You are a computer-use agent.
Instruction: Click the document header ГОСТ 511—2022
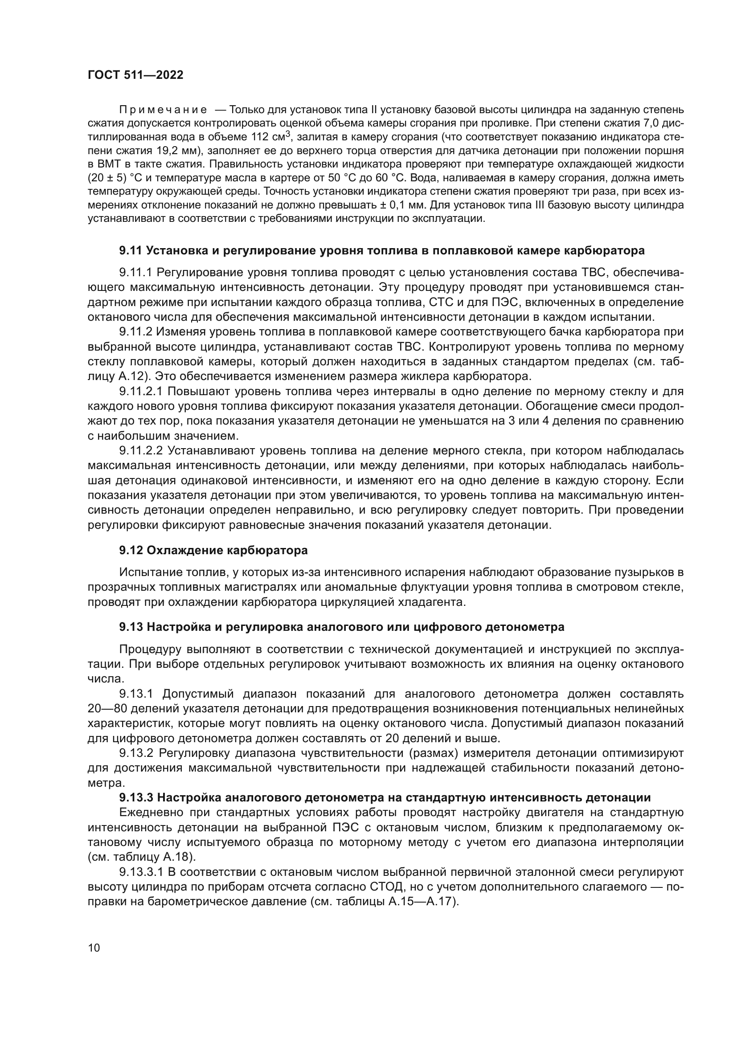pos(135,75)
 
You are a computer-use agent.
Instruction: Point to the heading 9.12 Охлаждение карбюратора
pos(213,551)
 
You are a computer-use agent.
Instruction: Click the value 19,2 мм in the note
pos(166,151)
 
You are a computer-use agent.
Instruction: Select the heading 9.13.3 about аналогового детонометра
pos(385,797)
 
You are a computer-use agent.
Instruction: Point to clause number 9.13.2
pos(137,753)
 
